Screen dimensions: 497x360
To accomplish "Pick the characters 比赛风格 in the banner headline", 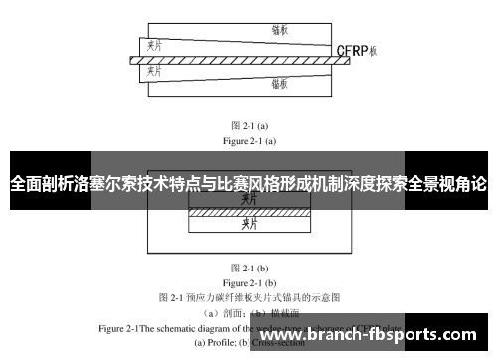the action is [255, 184].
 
